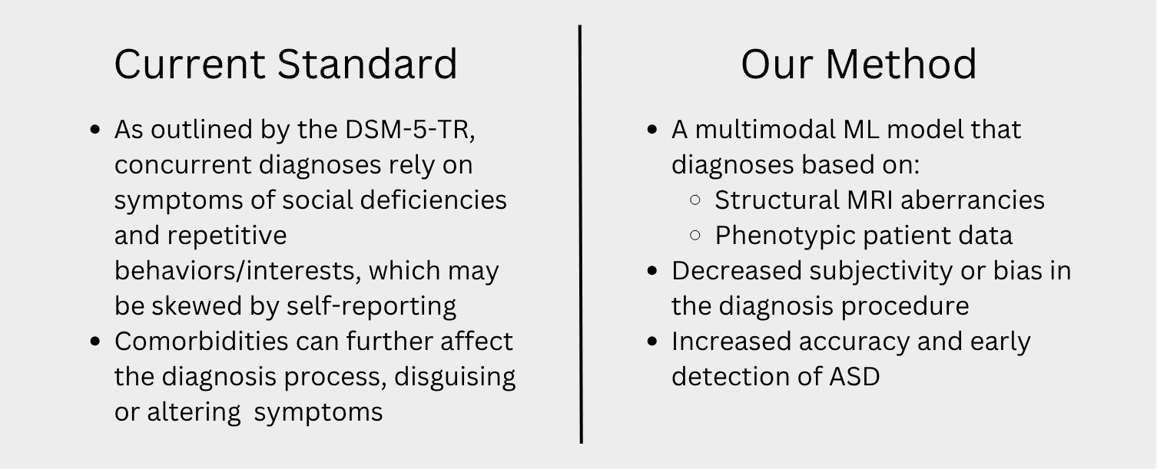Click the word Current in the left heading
click(190, 64)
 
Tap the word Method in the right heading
click(901, 64)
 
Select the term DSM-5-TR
click(409, 129)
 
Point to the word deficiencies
click(433, 200)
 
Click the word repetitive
click(227, 236)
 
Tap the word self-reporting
click(371, 306)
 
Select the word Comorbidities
click(201, 341)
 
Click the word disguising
click(455, 377)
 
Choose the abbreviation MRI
click(870, 200)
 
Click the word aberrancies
click(973, 200)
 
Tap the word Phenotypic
click(785, 236)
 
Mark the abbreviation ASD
click(854, 377)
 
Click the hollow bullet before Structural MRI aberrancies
click(695, 200)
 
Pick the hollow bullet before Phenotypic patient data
click(695, 236)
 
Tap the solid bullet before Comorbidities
click(95, 342)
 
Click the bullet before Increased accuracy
click(652, 342)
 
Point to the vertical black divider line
click(581, 233)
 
